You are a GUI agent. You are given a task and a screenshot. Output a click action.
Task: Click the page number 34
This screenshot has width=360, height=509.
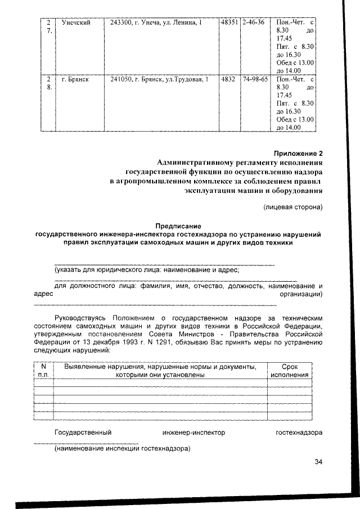(318, 462)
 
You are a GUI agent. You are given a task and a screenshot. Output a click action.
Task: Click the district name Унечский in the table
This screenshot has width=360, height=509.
(76, 22)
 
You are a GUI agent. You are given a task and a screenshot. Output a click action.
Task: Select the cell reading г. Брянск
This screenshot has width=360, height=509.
(76, 79)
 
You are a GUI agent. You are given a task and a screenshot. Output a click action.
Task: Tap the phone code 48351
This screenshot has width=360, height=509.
(229, 22)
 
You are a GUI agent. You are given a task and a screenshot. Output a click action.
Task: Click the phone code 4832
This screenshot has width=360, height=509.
(228, 79)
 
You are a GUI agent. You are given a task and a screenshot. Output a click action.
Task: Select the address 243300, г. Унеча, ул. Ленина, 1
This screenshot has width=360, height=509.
(155, 22)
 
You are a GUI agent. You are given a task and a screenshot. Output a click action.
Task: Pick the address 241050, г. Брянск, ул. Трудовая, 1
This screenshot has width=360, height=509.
(159, 79)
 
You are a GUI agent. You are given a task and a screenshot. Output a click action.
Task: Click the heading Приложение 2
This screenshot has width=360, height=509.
(299, 152)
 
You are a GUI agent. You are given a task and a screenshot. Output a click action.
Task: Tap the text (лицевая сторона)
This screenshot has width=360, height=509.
(293, 207)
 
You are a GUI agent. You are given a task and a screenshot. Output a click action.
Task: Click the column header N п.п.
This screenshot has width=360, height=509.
(43, 371)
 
